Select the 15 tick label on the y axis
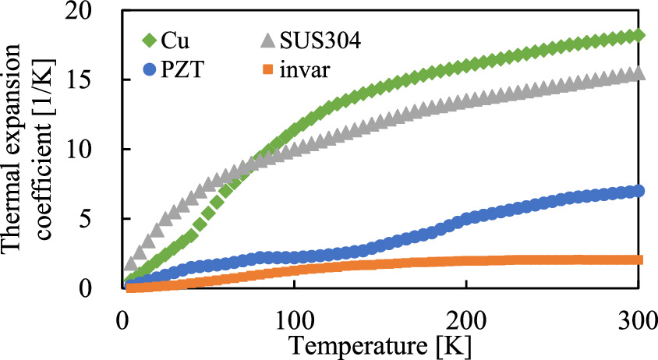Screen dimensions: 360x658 click(92, 80)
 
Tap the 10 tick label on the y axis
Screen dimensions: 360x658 click(92, 150)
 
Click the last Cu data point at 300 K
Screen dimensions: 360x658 click(639, 35)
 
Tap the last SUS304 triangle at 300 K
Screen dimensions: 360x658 click(639, 73)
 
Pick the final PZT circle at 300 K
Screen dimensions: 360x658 click(639, 191)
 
